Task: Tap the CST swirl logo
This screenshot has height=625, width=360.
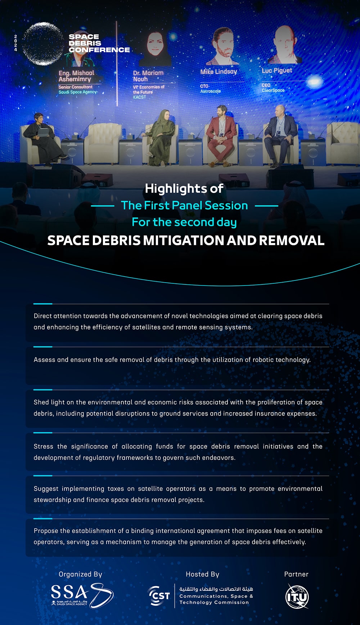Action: pos(159,596)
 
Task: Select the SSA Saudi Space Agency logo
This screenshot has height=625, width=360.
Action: pos(82,596)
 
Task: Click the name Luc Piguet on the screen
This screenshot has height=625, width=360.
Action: pos(277,71)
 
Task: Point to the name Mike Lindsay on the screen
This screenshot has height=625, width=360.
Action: pos(219,72)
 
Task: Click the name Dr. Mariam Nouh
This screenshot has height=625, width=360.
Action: pos(148,76)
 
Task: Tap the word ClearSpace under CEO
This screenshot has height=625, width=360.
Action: pos(273,90)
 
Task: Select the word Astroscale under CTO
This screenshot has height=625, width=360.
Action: pos(210,91)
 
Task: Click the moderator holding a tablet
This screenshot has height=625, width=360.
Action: pos(42,139)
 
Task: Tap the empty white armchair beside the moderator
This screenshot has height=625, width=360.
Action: pos(103,142)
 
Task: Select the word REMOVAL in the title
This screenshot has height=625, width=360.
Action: pos(292,240)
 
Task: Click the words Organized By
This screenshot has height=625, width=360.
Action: pos(80,575)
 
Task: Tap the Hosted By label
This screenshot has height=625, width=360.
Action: pos(202,575)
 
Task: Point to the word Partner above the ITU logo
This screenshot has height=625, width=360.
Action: pos(296,574)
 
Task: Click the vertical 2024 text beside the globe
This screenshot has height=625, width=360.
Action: pos(15,43)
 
